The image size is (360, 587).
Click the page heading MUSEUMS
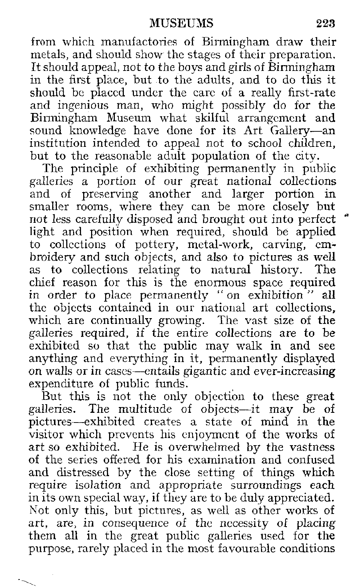(x=181, y=24)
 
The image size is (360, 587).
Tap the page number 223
(x=325, y=24)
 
